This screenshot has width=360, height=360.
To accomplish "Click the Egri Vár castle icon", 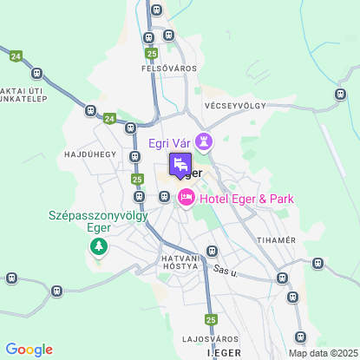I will (x=205, y=141).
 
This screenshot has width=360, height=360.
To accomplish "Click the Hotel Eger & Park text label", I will (x=246, y=200).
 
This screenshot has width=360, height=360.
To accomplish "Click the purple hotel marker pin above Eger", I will (x=180, y=164).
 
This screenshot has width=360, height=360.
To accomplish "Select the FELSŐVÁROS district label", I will (x=169, y=68).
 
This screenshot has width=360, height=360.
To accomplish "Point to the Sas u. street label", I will (x=226, y=272).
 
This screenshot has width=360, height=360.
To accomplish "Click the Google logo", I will (x=29, y=350).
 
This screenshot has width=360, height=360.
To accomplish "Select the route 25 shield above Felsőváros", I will (x=152, y=54).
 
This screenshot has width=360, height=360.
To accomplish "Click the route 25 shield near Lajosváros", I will (x=211, y=318).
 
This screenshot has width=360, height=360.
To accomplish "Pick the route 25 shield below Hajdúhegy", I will (x=138, y=179).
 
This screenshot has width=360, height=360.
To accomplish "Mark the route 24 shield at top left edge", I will (x=16, y=56).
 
